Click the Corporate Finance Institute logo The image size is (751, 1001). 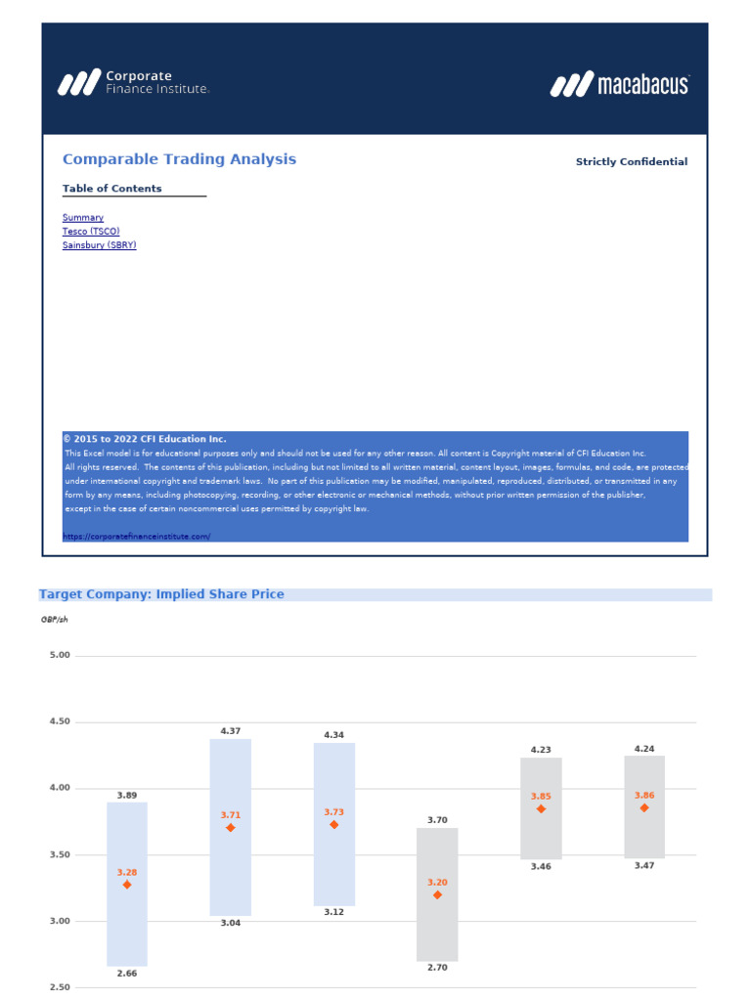(133, 82)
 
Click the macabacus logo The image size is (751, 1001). (620, 85)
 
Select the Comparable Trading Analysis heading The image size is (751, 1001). (179, 159)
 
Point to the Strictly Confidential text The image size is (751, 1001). (631, 162)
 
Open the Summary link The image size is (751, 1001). (83, 218)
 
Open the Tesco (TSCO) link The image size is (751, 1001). (91, 232)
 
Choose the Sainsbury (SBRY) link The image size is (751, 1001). (100, 245)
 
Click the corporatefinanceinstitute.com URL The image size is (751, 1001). (137, 537)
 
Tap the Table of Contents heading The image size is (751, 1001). (112, 189)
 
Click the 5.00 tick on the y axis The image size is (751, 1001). (60, 655)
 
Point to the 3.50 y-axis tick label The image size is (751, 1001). (60, 855)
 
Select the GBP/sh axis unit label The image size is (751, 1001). (55, 620)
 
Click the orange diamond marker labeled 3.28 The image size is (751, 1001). (127, 885)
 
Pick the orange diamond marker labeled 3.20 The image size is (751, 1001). (437, 894)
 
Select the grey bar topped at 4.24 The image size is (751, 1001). (644, 782)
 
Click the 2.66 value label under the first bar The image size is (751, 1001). (127, 974)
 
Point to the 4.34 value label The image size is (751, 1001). (334, 734)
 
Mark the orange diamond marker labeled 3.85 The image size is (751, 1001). (541, 808)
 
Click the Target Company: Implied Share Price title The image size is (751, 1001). (161, 594)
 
